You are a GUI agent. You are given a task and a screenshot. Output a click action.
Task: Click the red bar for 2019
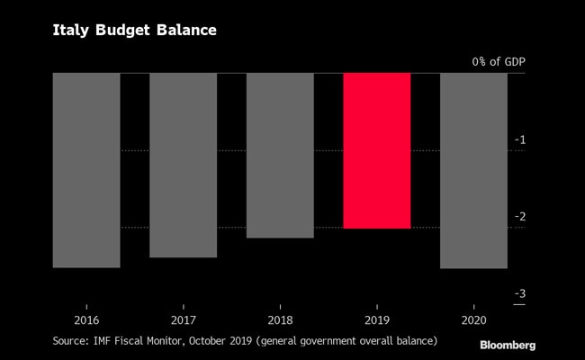click(377, 150)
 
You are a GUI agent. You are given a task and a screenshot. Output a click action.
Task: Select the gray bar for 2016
click(86, 170)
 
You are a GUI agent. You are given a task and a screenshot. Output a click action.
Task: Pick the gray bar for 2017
click(183, 165)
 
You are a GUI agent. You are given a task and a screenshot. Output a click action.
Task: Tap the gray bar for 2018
click(280, 155)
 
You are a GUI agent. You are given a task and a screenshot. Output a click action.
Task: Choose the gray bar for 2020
click(473, 170)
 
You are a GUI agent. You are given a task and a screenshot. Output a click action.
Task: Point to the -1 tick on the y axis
click(520, 139)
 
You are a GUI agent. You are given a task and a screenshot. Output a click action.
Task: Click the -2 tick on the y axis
click(519, 217)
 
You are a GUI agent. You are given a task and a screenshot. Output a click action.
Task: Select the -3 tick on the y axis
click(519, 294)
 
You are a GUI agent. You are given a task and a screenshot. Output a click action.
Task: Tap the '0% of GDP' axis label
click(499, 62)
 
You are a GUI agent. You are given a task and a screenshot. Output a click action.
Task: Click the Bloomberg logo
click(508, 345)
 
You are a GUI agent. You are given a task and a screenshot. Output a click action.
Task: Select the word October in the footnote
click(233, 341)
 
